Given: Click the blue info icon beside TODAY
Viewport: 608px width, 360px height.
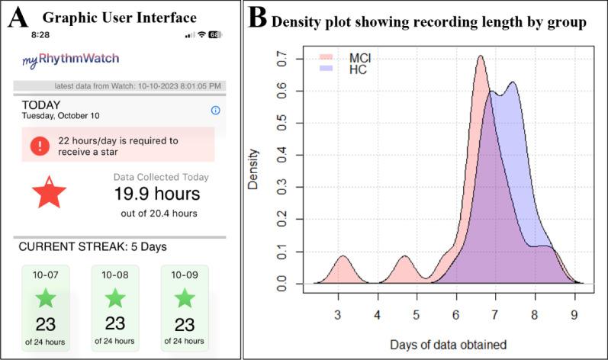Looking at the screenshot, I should click(x=215, y=111).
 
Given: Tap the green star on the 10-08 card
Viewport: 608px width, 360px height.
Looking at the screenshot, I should click(x=114, y=297).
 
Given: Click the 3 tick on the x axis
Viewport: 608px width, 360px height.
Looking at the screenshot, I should click(x=337, y=314).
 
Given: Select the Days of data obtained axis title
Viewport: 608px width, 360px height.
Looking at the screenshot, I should click(x=449, y=344).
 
